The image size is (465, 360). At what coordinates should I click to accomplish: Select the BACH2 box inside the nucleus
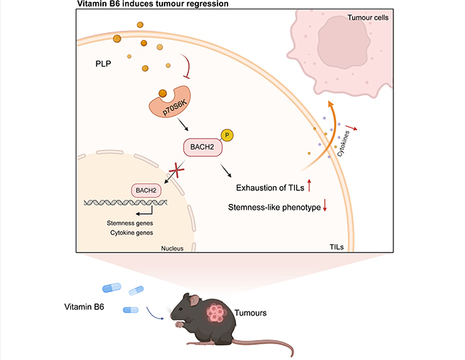click(x=144, y=190)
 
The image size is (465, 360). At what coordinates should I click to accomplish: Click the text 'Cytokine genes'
click(x=121, y=233)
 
